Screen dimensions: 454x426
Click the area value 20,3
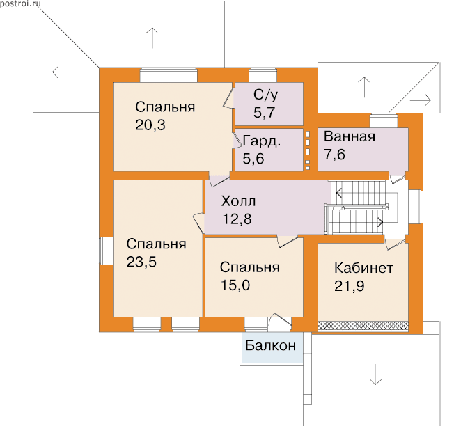pyautogui.click(x=150, y=125)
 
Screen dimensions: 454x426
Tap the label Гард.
pyautogui.click(x=262, y=141)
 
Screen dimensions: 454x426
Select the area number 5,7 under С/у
pyautogui.click(x=264, y=113)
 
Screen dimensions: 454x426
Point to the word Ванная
pyautogui.click(x=350, y=136)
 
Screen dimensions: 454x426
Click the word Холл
pyautogui.click(x=239, y=201)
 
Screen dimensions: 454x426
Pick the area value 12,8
pyautogui.click(x=237, y=219)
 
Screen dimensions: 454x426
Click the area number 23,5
pyautogui.click(x=141, y=262)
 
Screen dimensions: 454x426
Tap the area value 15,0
pyautogui.click(x=235, y=285)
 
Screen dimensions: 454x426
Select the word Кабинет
pyautogui.click(x=364, y=268)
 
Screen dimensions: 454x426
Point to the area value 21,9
pyautogui.click(x=349, y=286)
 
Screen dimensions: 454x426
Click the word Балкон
pyautogui.click(x=271, y=345)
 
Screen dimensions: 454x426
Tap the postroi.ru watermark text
pyautogui.click(x=20, y=3)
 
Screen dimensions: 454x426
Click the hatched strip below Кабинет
pyautogui.click(x=363, y=326)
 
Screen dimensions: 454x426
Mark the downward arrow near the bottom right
pyautogui.click(x=375, y=374)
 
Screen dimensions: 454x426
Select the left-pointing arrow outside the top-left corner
pyautogui.click(x=63, y=72)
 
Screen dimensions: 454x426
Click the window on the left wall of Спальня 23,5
pyautogui.click(x=107, y=251)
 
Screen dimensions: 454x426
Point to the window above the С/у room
pyautogui.click(x=263, y=75)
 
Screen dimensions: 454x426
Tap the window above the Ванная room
pyautogui.click(x=384, y=120)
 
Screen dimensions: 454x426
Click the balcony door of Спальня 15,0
pyautogui.click(x=280, y=322)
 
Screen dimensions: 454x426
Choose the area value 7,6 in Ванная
pyautogui.click(x=334, y=155)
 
